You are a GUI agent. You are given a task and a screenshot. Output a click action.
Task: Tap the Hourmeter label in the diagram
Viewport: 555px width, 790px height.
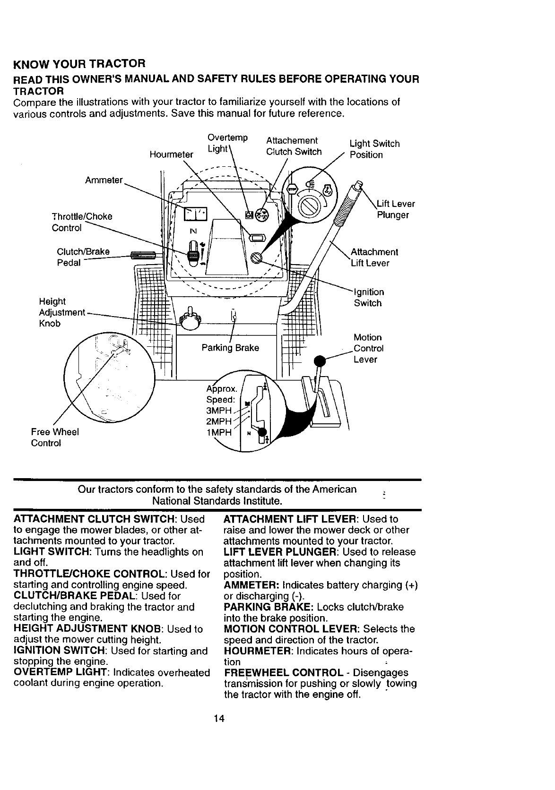click(171, 155)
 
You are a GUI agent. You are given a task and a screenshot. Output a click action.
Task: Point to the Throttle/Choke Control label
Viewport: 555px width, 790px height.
click(82, 222)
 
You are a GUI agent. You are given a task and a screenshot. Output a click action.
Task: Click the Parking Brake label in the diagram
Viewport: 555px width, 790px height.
click(230, 348)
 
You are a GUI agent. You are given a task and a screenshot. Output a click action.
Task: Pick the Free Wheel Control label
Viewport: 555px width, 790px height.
click(54, 438)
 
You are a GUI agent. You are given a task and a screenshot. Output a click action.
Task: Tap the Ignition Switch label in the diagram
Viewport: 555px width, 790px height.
click(369, 298)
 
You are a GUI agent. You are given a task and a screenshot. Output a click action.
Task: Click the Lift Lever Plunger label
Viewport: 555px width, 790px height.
click(395, 209)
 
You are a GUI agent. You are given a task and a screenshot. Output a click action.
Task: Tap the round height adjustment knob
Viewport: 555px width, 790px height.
click(188, 322)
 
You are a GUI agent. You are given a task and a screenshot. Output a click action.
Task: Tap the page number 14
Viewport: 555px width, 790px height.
click(218, 719)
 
